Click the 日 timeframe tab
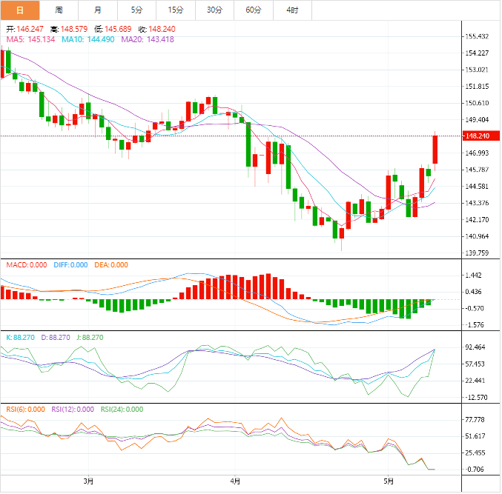[19, 10]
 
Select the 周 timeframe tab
[59, 10]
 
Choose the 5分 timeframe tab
[136, 10]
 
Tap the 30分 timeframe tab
[214, 10]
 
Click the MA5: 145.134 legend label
[30, 39]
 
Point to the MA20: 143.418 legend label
[148, 39]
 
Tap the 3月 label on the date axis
[89, 481]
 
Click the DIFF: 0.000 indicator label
[70, 265]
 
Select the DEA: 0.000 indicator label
[110, 265]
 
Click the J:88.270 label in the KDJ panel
[90, 337]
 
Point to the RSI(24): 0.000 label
[122, 409]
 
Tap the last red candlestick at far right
[436, 149]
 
